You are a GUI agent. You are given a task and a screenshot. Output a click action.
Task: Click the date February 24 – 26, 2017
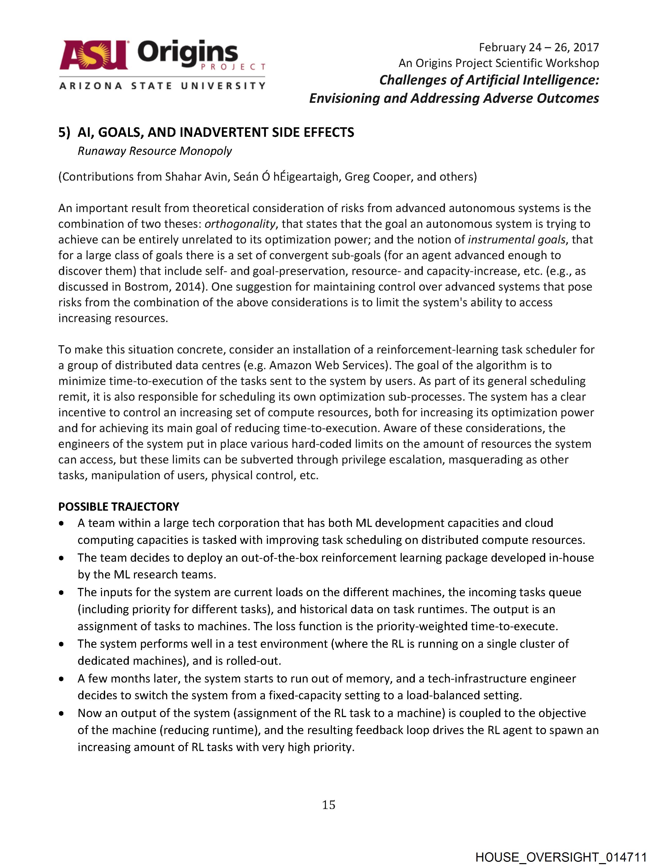click(538, 47)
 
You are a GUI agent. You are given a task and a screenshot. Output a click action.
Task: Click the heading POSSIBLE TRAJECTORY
click(119, 507)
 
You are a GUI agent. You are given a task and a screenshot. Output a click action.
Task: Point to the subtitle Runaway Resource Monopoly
click(155, 151)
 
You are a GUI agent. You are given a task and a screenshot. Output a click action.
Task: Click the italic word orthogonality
click(240, 224)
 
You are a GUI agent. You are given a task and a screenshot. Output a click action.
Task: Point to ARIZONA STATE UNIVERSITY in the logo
click(162, 86)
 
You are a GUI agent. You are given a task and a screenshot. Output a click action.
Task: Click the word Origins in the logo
click(188, 53)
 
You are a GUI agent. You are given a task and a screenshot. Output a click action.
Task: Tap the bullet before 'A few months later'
click(61, 679)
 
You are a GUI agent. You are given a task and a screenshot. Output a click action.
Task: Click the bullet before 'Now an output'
click(61, 713)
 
